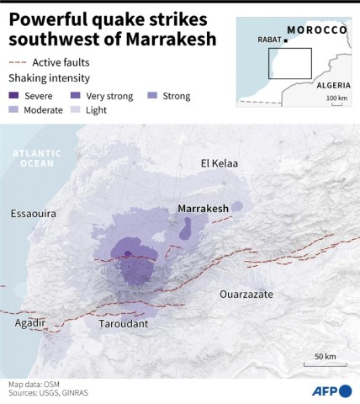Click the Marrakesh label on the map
tap(204, 208)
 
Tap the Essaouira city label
tap(33, 214)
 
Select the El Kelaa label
tap(219, 162)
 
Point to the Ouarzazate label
tap(246, 295)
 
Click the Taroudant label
tap(123, 323)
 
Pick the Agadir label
tap(29, 322)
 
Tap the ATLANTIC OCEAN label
tap(38, 158)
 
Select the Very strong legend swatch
tap(76, 96)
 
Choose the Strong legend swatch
tap(152, 96)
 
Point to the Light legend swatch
tap(76, 110)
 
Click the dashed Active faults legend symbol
tap(17, 62)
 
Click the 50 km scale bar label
tap(326, 356)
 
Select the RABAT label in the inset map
tap(269, 40)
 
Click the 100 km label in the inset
tap(336, 99)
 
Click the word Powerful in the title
tap(48, 19)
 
